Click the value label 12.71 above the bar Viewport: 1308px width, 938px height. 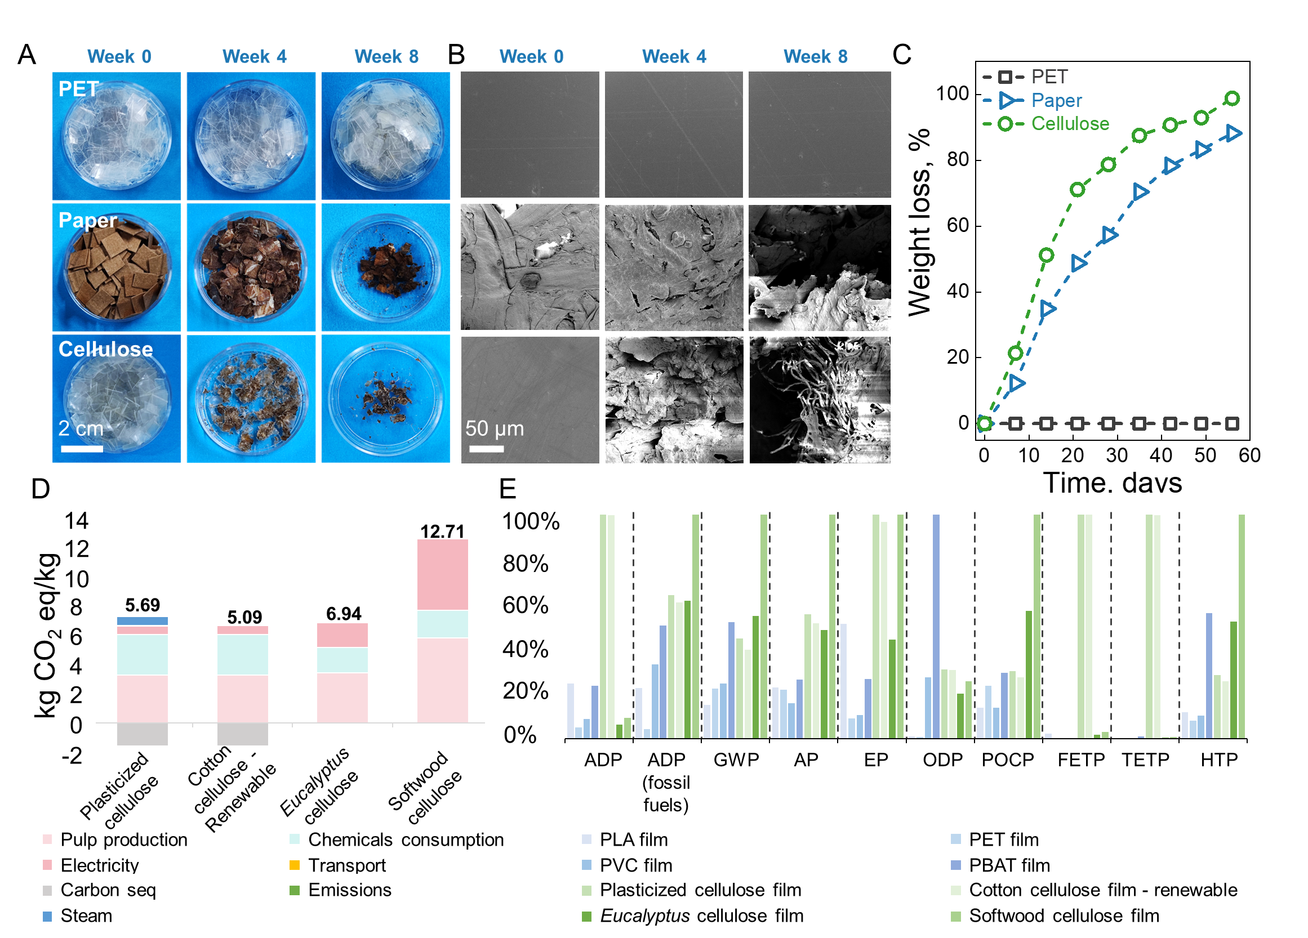tap(442, 531)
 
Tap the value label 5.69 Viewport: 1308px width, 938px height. tap(143, 605)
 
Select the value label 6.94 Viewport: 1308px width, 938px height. tap(344, 614)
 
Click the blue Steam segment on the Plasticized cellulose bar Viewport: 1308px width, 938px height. tap(143, 621)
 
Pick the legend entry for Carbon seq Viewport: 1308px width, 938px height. tap(108, 890)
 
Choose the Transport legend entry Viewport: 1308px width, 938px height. tap(346, 865)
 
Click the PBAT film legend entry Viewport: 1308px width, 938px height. tap(1009, 865)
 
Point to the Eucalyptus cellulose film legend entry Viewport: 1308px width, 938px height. tap(701, 915)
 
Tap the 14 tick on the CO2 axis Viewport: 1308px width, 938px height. tap(76, 521)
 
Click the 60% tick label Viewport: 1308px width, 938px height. tap(525, 605)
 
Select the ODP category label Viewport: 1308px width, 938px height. tap(942, 760)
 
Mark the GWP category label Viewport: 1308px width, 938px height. tap(736, 760)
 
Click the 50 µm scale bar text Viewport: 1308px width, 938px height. tap(494, 428)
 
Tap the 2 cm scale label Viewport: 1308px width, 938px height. tap(81, 428)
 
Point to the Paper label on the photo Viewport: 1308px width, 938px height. tap(88, 220)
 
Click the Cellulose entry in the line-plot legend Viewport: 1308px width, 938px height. tap(1070, 123)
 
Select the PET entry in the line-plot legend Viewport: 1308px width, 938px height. tap(1049, 77)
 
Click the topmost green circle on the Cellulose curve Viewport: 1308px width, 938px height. tap(1232, 99)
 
